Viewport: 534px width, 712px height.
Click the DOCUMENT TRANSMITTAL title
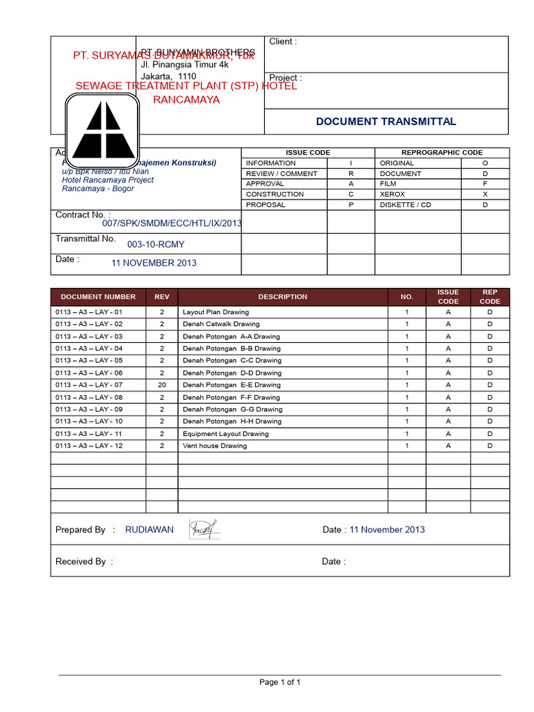pyautogui.click(x=386, y=122)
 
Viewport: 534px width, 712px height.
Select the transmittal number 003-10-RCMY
pyautogui.click(x=156, y=244)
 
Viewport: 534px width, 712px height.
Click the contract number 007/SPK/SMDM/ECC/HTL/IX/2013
pyautogui.click(x=172, y=223)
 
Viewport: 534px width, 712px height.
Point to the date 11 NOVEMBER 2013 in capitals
pyautogui.click(x=154, y=263)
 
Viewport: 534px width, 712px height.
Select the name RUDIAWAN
pyautogui.click(x=149, y=530)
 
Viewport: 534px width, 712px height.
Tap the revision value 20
pyautogui.click(x=162, y=385)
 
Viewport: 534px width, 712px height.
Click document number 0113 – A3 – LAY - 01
pyautogui.click(x=89, y=312)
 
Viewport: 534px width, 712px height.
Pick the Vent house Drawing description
pyautogui.click(x=214, y=446)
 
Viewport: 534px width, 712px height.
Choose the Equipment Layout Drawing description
pyautogui.click(x=225, y=433)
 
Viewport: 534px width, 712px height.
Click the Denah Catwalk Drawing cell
pyautogui.click(x=220, y=324)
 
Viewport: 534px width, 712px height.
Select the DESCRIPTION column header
pyautogui.click(x=282, y=297)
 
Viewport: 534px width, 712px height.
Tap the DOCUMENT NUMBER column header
pyautogui.click(x=97, y=297)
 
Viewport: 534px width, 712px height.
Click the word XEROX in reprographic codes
pyautogui.click(x=392, y=195)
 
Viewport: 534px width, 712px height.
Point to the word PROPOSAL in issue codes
pyautogui.click(x=266, y=205)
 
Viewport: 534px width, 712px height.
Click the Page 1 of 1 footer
pyautogui.click(x=280, y=682)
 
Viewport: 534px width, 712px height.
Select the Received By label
pyautogui.click(x=83, y=562)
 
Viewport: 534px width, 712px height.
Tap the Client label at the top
pyautogui.click(x=283, y=42)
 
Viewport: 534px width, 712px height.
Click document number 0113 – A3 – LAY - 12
pyautogui.click(x=89, y=446)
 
